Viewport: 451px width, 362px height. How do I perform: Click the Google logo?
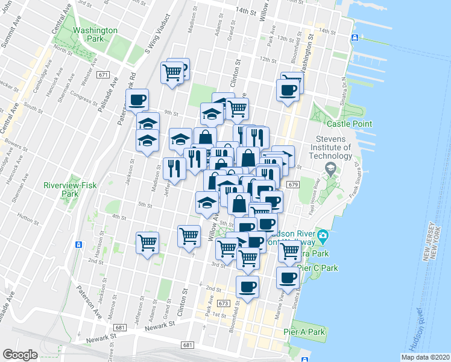(20, 354)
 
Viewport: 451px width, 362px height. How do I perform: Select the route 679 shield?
(294, 184)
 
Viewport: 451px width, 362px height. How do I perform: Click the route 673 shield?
(224, 303)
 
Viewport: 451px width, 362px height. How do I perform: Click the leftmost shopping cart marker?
(148, 243)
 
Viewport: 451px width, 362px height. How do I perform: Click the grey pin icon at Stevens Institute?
(330, 167)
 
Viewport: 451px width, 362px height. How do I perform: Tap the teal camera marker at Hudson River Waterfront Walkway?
(323, 234)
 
